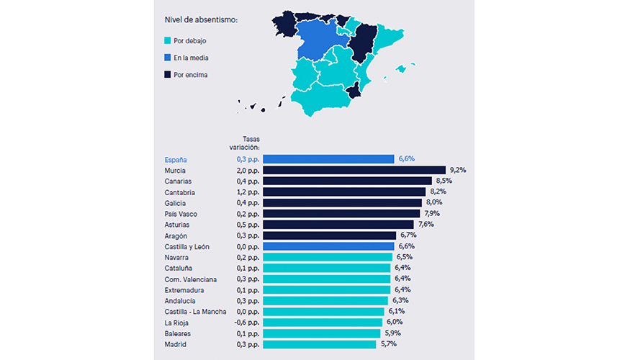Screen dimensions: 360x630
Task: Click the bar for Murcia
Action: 354,170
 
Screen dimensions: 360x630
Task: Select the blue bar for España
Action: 328,159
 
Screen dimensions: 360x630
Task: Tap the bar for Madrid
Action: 319,345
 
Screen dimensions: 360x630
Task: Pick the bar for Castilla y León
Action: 328,246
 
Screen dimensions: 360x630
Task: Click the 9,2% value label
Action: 457,170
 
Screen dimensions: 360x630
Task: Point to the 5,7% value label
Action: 387,345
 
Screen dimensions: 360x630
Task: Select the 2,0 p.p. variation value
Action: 248,170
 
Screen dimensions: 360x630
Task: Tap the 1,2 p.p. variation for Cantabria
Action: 248,192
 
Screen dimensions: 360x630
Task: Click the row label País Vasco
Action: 181,214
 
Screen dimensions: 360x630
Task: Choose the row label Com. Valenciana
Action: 190,279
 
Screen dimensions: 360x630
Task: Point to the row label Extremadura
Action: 184,290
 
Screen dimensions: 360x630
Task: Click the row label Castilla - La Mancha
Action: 195,312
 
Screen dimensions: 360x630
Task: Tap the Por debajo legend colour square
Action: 168,40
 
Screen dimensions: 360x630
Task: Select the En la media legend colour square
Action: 168,58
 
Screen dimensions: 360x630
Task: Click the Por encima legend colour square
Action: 168,74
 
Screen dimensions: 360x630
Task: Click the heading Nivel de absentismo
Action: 201,19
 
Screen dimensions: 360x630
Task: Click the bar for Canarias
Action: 347,181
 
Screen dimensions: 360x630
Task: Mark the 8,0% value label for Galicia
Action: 433,203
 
